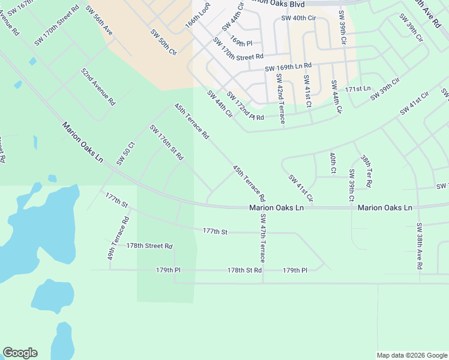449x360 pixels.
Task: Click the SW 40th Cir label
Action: [298, 18]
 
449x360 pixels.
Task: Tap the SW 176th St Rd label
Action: [166, 143]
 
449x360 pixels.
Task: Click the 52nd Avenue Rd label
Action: [98, 87]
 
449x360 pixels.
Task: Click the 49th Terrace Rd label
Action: [118, 238]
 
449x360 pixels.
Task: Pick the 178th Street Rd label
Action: [149, 246]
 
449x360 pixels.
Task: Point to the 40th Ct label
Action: [333, 163]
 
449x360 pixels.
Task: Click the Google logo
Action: [20, 353]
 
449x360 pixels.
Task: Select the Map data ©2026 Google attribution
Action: [411, 355]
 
